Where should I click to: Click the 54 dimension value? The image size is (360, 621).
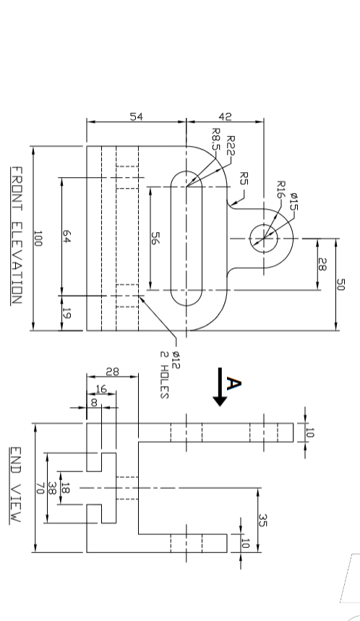[x=136, y=116]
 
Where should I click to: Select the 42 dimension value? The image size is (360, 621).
[x=225, y=116]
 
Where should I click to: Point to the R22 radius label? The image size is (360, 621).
[x=231, y=146]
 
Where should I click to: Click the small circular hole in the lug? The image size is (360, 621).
[x=264, y=238]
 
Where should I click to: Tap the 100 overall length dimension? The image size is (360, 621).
[x=38, y=239]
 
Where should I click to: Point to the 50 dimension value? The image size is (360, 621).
[x=341, y=283]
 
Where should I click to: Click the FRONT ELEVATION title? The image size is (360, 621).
[x=16, y=235]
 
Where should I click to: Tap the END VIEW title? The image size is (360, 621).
[x=16, y=484]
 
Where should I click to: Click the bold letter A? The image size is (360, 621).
[x=233, y=383]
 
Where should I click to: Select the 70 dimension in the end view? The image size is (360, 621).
[x=40, y=489]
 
